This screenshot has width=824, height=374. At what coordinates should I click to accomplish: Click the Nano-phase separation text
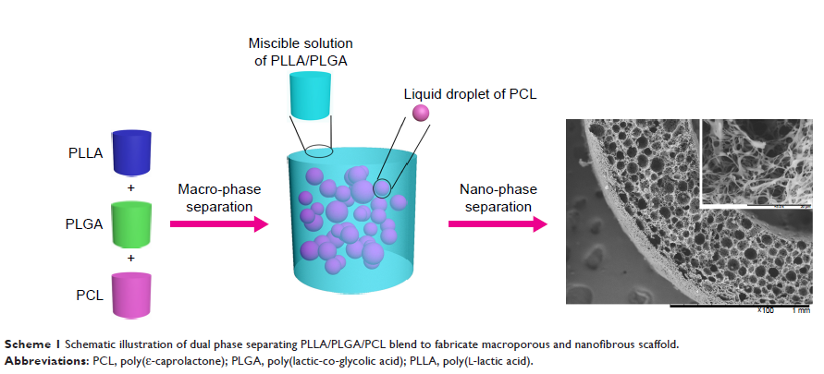tap(496, 198)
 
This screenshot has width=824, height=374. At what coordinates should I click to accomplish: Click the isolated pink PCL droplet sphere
tap(421, 113)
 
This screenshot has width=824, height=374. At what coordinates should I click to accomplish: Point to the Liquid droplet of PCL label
tap(469, 94)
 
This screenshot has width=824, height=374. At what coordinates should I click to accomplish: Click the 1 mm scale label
tap(800, 311)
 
